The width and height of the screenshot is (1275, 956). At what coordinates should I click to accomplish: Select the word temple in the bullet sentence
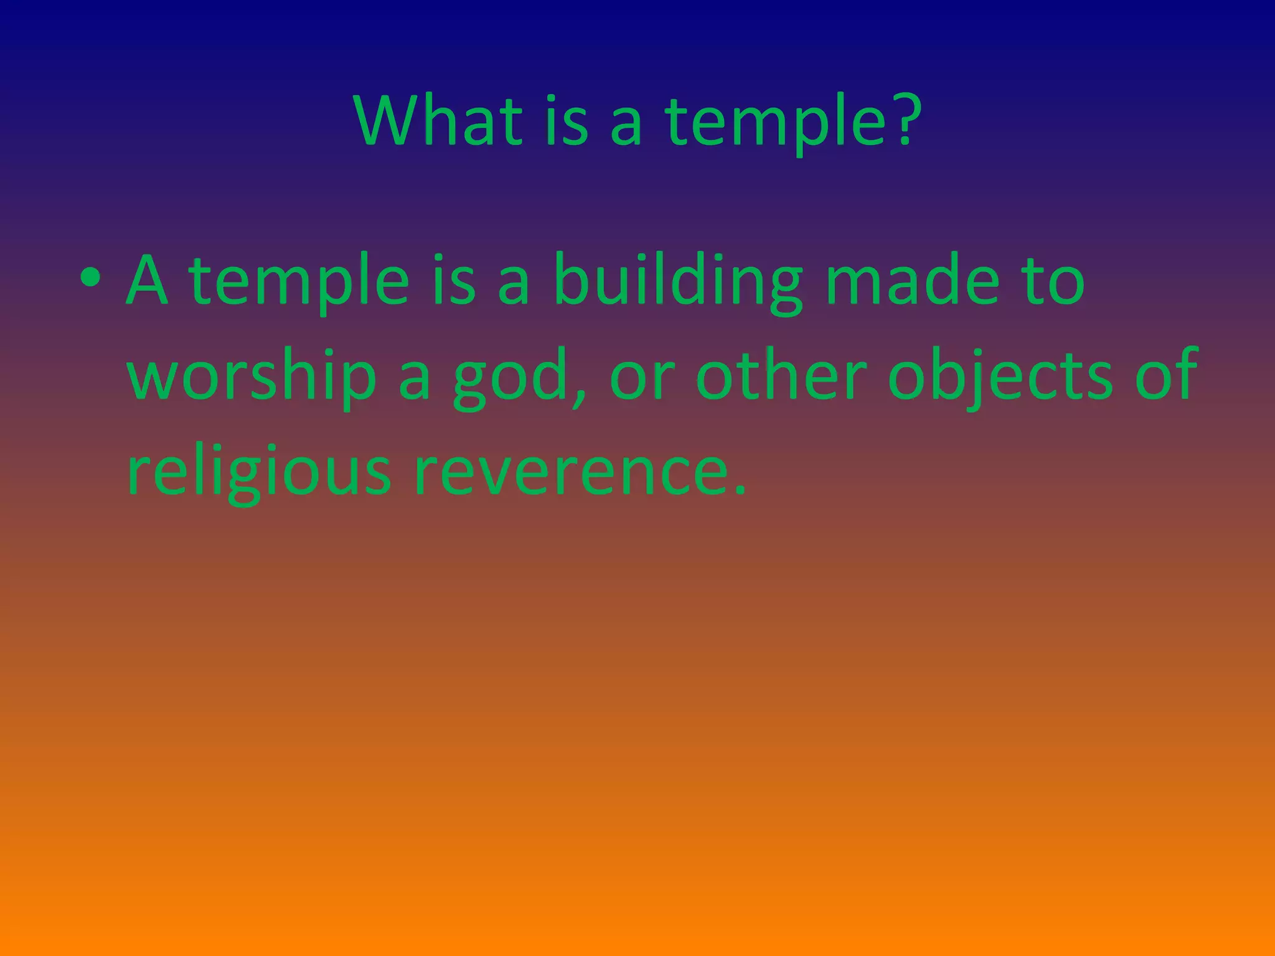pyautogui.click(x=299, y=283)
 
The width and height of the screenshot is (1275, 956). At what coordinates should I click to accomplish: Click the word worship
pyautogui.click(x=252, y=377)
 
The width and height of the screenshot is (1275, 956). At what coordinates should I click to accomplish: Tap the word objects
pyautogui.click(x=999, y=377)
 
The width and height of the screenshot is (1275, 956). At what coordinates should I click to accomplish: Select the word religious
pyautogui.click(x=259, y=473)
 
